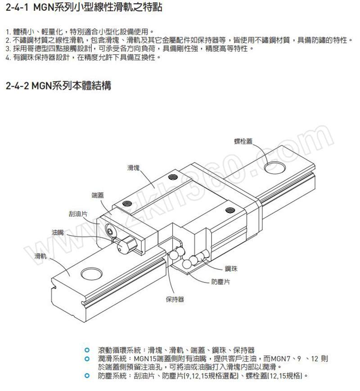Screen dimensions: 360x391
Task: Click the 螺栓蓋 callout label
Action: [x=243, y=141]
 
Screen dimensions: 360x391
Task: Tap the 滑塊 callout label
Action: [x=133, y=168]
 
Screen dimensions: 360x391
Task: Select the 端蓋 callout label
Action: [x=98, y=195]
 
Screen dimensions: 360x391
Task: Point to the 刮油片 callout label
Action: [x=78, y=214]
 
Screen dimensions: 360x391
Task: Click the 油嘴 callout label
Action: [x=58, y=232]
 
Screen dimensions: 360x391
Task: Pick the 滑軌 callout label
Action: [x=40, y=256]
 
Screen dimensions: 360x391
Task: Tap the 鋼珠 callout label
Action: [x=231, y=268]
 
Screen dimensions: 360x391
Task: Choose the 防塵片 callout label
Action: [x=221, y=282]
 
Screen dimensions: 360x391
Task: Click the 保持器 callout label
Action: [x=175, y=299]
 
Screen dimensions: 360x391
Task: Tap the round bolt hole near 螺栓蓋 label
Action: [x=275, y=167]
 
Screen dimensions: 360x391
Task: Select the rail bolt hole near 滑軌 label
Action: [x=91, y=273]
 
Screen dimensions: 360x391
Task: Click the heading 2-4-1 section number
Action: [x=17, y=7]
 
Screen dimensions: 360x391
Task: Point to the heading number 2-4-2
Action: [x=17, y=86]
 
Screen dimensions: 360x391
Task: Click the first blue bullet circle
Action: [x=87, y=350]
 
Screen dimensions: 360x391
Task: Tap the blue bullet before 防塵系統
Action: [x=87, y=375]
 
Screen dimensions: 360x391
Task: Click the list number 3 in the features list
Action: [x=8, y=48]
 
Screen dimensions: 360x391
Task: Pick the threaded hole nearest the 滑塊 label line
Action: [x=173, y=177]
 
